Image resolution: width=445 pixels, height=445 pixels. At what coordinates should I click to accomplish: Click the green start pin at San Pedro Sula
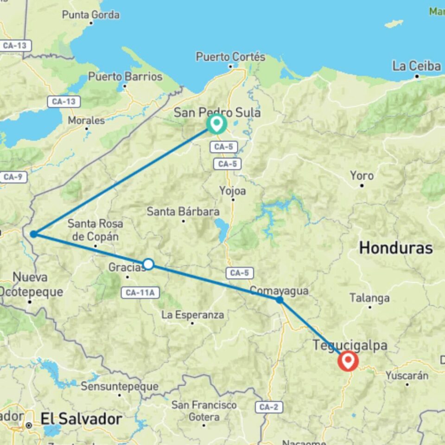(216, 123)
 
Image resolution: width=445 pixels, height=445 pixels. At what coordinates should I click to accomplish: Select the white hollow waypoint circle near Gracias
(148, 264)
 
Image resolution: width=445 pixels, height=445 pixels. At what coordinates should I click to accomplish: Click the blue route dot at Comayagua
(280, 300)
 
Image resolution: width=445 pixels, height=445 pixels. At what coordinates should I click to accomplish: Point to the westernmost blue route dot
(33, 234)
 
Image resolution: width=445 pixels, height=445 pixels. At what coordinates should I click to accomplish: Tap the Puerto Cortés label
(230, 57)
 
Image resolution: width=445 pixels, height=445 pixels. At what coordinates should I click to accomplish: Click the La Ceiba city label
(416, 66)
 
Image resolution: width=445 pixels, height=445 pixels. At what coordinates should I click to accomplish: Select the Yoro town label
(362, 176)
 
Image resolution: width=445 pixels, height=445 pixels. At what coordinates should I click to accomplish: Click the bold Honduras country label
(396, 248)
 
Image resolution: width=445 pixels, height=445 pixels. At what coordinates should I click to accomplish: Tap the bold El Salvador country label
(81, 419)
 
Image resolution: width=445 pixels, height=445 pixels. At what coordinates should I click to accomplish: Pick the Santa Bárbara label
(183, 212)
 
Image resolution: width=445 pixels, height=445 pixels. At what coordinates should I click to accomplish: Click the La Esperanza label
(192, 315)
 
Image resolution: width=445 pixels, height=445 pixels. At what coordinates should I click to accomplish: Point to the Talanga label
(369, 298)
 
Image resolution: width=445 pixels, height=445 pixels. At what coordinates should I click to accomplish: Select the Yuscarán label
(407, 375)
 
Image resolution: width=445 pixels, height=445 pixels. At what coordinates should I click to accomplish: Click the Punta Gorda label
(90, 15)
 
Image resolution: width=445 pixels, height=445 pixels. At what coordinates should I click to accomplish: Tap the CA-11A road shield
(140, 292)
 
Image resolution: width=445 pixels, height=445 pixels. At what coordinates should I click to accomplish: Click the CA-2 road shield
(268, 407)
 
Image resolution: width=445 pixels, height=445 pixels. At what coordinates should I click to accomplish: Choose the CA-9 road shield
(14, 177)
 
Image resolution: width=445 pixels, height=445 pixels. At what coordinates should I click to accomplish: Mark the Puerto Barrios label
(125, 76)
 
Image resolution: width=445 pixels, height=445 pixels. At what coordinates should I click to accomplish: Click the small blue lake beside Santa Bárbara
(222, 230)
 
